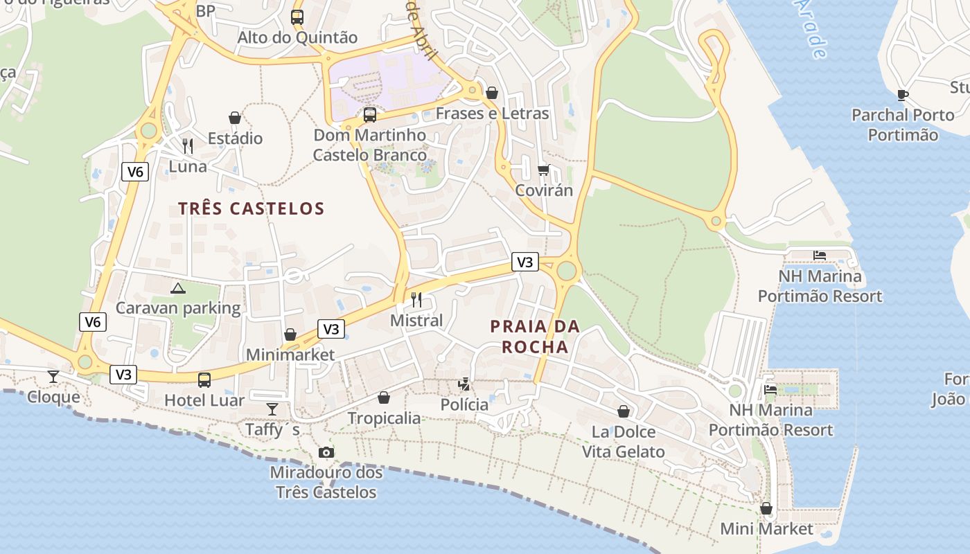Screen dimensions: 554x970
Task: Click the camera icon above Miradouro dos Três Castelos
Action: coord(326,452)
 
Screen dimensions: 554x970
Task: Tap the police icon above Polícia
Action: coord(464,384)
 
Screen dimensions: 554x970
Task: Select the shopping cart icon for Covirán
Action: coord(544,170)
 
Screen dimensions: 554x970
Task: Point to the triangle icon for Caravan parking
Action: coord(178,288)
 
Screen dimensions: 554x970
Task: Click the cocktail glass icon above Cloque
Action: coord(53,376)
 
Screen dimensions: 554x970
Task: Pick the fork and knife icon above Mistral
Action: coord(416,299)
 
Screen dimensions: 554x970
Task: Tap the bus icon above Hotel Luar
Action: coord(204,379)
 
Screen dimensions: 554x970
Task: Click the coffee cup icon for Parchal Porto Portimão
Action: coord(903,95)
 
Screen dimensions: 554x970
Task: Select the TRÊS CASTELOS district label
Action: coord(251,208)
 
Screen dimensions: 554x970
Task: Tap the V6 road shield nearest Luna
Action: coord(135,171)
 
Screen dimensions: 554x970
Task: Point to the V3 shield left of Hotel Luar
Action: coord(123,375)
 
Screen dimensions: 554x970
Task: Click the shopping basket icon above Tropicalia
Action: coord(384,397)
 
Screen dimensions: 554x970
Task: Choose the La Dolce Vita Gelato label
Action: coord(623,442)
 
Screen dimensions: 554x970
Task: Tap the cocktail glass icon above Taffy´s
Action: coord(272,409)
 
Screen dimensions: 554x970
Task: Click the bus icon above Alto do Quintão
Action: coord(297,17)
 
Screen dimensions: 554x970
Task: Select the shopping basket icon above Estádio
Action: coord(235,118)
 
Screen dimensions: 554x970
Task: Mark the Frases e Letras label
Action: coord(492,114)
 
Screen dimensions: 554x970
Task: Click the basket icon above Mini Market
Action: coord(766,508)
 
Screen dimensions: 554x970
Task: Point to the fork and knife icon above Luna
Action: coord(188,145)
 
